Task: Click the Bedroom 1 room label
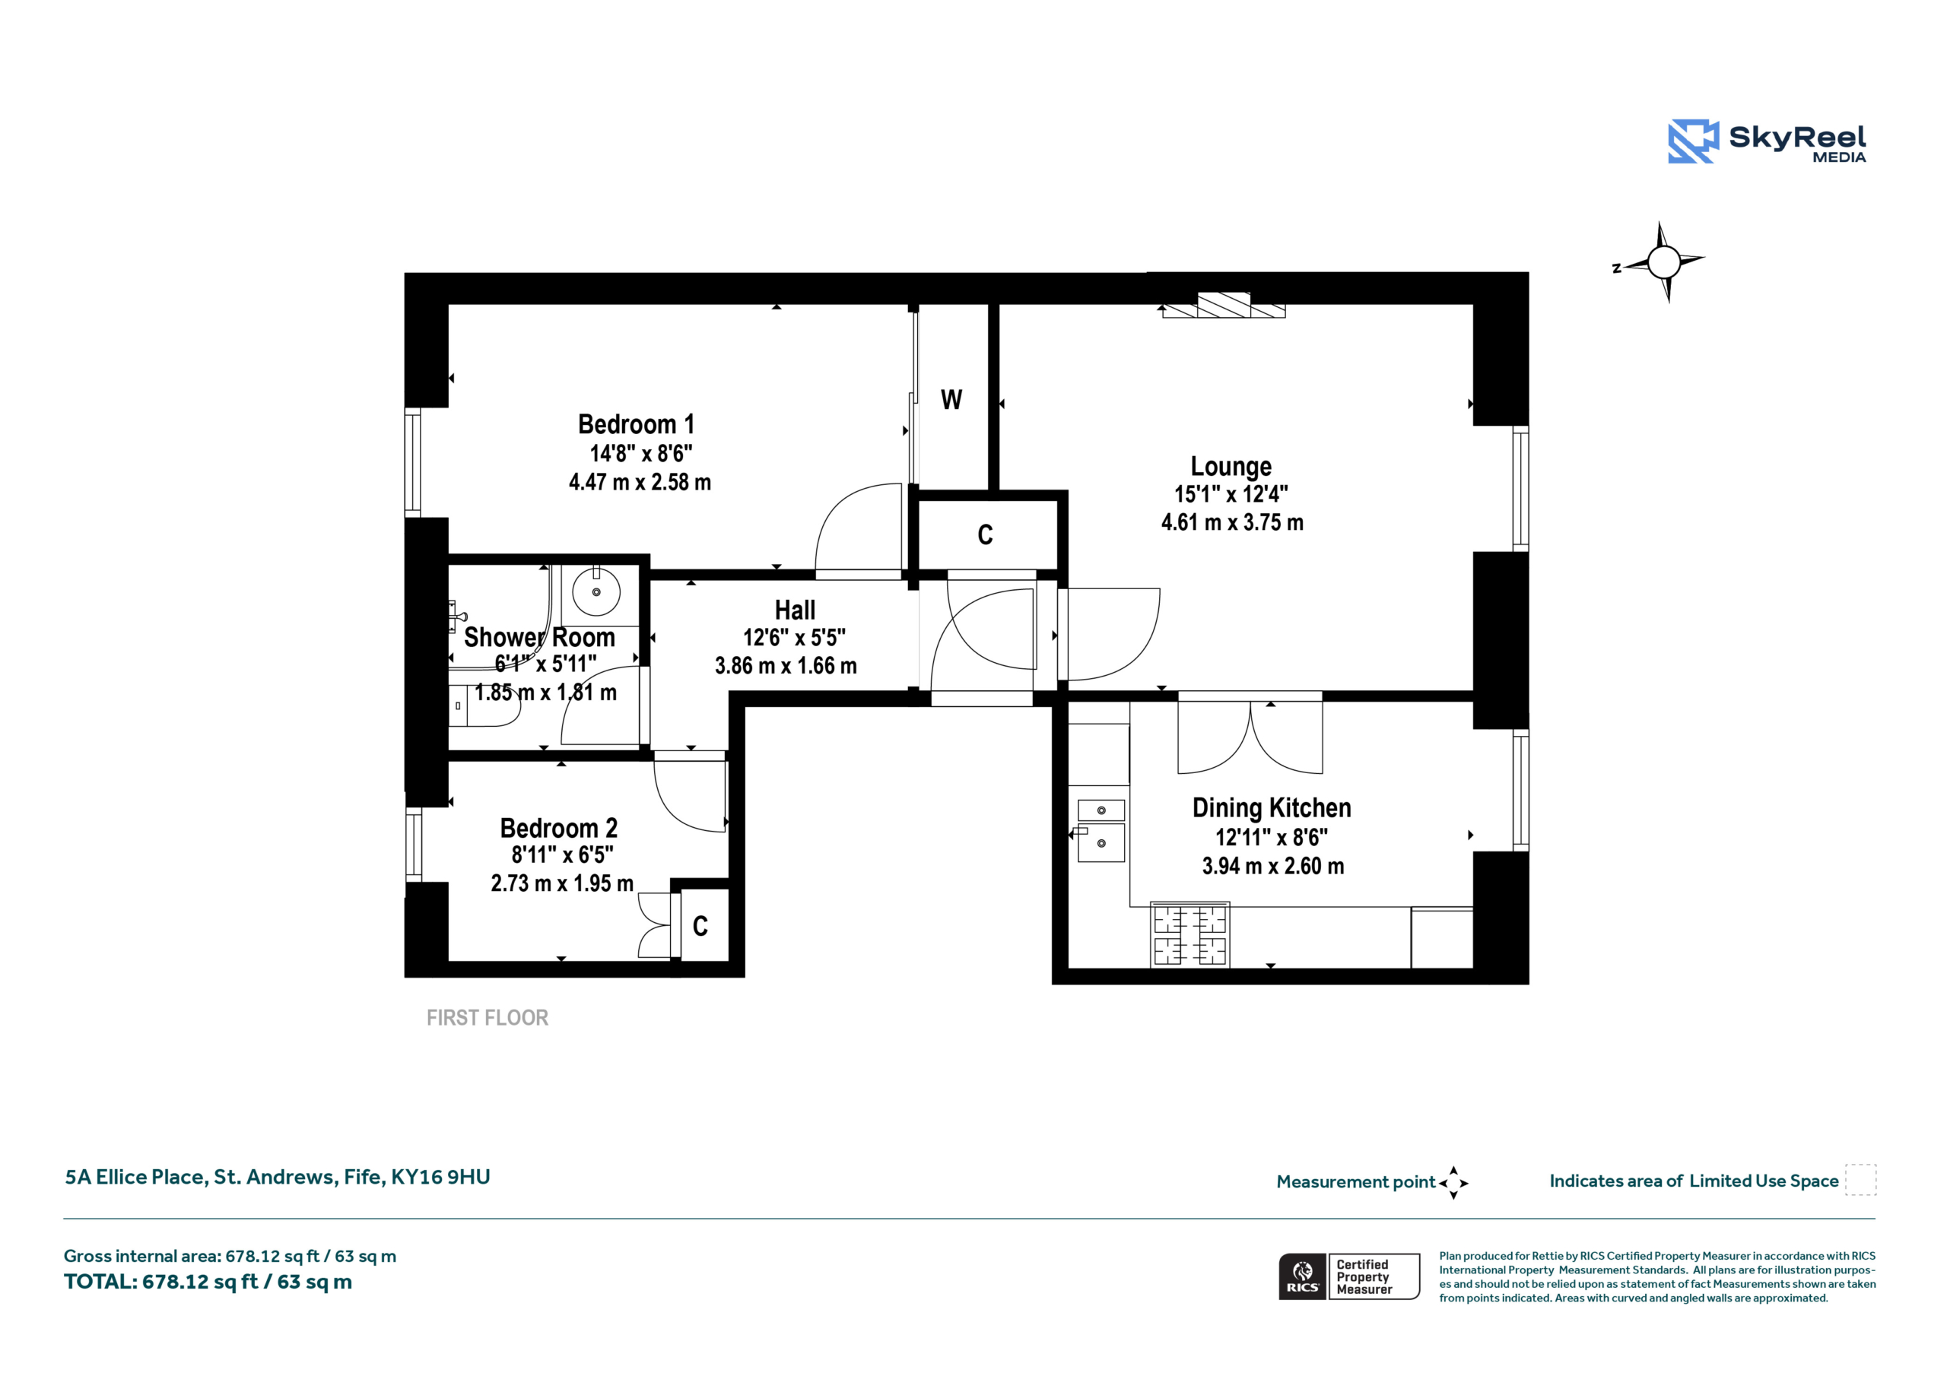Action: point(636,424)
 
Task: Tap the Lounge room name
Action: point(1231,466)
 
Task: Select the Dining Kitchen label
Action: point(1271,808)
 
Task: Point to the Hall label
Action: point(795,610)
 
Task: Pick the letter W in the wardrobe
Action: point(951,399)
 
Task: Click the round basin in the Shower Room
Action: point(596,591)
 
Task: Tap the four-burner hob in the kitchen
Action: point(1189,935)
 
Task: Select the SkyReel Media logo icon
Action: point(1693,141)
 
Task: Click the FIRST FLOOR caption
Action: point(487,1017)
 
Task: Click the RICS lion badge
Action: point(1303,1277)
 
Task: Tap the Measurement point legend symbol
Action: point(1453,1183)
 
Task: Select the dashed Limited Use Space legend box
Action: point(1860,1180)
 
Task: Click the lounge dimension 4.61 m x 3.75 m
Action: point(1232,522)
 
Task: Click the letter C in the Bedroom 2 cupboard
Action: point(700,926)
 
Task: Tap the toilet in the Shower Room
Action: point(484,705)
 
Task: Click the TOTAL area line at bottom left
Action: point(208,1281)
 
